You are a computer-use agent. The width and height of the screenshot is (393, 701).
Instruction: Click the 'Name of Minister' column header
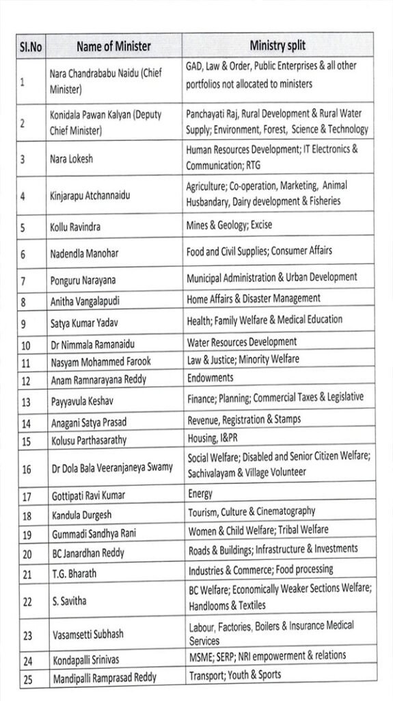[113, 47]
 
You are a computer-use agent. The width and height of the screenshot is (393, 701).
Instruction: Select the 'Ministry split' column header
[277, 46]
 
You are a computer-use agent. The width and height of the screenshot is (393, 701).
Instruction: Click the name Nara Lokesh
[72, 159]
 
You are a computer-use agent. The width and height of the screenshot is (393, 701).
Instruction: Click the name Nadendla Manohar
[84, 253]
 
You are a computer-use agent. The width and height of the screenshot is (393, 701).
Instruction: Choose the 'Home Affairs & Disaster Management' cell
[254, 298]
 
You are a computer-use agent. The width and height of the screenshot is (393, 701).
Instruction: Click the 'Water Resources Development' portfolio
[242, 342]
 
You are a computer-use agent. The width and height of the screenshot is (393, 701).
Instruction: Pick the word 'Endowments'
[210, 377]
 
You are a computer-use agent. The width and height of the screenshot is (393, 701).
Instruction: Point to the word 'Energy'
[200, 493]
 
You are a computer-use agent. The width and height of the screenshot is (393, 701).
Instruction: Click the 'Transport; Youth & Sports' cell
[234, 674]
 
